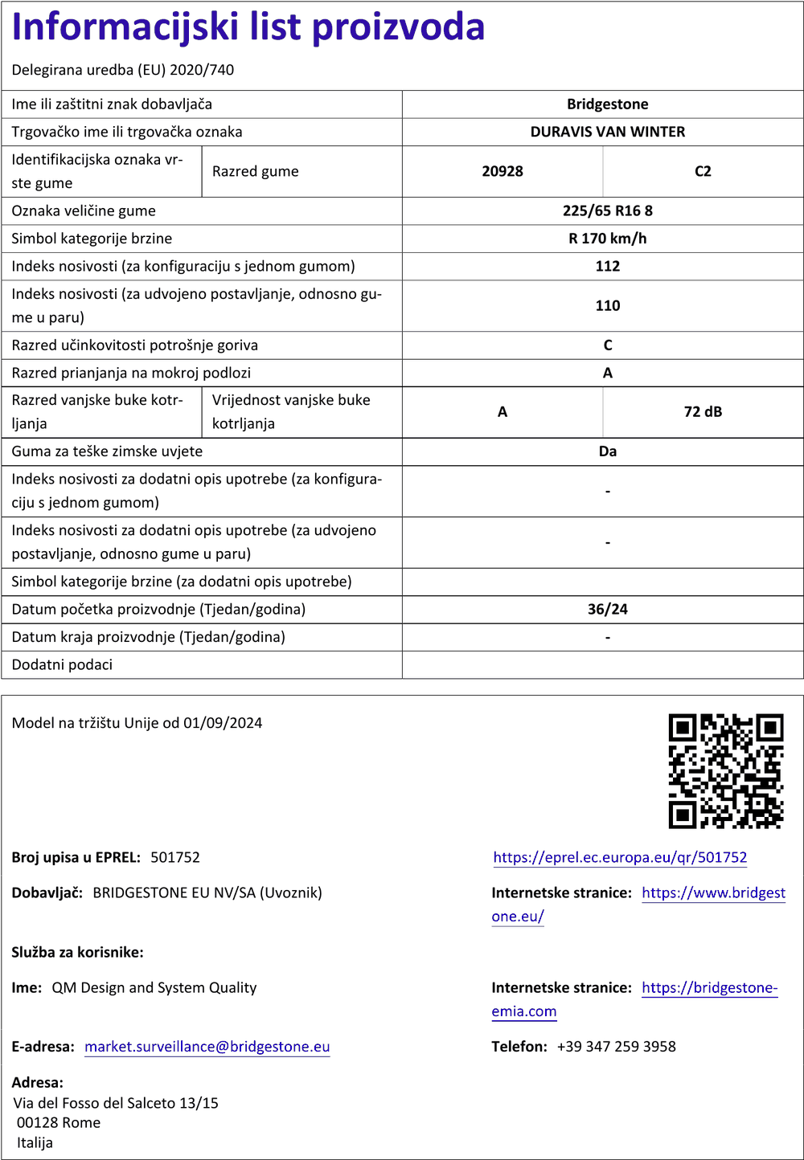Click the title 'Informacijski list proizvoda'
click(x=248, y=27)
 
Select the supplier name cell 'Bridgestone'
click(x=607, y=104)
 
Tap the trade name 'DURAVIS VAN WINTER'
click(x=607, y=132)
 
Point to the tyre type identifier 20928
click(x=503, y=171)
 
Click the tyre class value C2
click(x=703, y=171)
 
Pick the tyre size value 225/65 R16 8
click(x=607, y=211)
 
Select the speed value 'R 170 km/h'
click(x=607, y=239)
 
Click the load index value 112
click(x=607, y=266)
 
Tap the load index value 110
click(x=607, y=306)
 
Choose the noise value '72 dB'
click(x=703, y=412)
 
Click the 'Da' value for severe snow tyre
click(x=607, y=451)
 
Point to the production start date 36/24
click(x=607, y=610)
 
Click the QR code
click(x=725, y=770)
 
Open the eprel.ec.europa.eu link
click(x=620, y=857)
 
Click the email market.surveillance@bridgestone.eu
click(x=207, y=1047)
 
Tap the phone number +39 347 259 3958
click(x=616, y=1047)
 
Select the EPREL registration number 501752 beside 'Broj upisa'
click(x=175, y=857)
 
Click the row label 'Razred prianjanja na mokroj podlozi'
click(x=131, y=373)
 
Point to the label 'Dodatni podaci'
click(x=62, y=665)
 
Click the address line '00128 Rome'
click(x=59, y=1123)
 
